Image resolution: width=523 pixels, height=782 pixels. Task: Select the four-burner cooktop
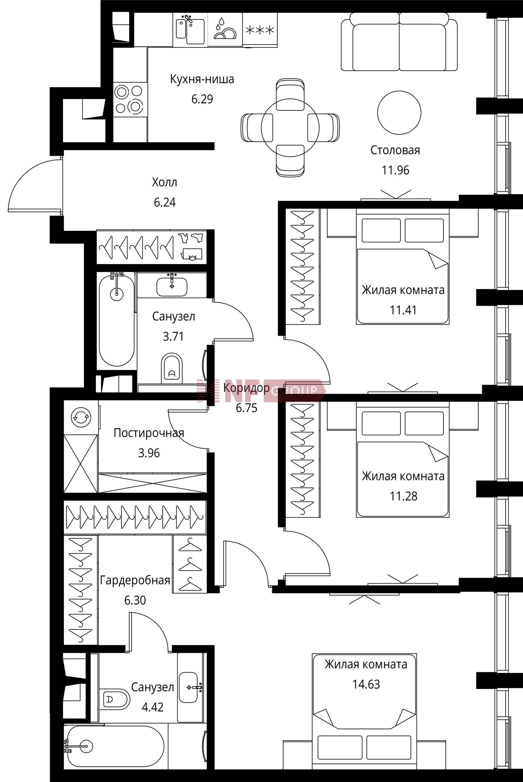point(130,99)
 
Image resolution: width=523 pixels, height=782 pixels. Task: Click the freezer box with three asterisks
point(260,30)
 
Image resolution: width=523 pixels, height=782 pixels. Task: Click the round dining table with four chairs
point(290,127)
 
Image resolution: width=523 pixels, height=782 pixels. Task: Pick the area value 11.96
point(395,170)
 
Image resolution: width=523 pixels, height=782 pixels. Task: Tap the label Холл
point(165,182)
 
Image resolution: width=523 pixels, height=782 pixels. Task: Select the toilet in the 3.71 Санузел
point(172,368)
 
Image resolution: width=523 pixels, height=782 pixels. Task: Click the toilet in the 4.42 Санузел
point(114,699)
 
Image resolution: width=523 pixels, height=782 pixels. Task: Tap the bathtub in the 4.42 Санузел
point(115,747)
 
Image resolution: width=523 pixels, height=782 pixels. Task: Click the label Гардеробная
point(135,580)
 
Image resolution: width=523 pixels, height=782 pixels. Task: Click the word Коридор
point(247,388)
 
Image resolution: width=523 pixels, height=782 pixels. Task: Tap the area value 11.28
point(404,496)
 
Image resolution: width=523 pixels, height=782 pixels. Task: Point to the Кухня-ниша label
point(202,79)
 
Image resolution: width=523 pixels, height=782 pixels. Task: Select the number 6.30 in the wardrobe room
point(135,600)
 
